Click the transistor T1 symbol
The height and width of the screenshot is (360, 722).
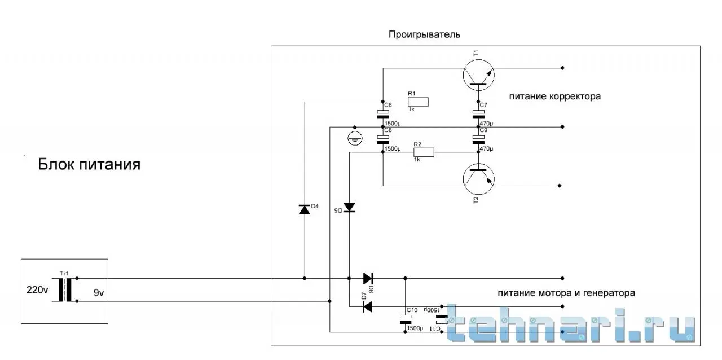478,75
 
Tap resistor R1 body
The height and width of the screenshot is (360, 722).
418,102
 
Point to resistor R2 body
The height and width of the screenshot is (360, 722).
424,151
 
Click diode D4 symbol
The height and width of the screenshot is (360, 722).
305,209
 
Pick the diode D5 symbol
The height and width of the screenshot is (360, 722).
350,207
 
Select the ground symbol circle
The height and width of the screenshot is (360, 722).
354,138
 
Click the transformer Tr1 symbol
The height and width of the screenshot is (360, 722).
65,289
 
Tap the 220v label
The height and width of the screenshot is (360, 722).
38,291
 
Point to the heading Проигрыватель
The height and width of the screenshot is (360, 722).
424,34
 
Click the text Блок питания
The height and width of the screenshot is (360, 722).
89,165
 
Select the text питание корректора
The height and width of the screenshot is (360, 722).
555,96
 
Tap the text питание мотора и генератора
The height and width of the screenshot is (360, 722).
566,293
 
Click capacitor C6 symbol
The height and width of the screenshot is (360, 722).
382,115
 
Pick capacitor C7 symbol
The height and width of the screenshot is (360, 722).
478,115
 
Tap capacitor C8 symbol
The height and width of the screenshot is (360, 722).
382,139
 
